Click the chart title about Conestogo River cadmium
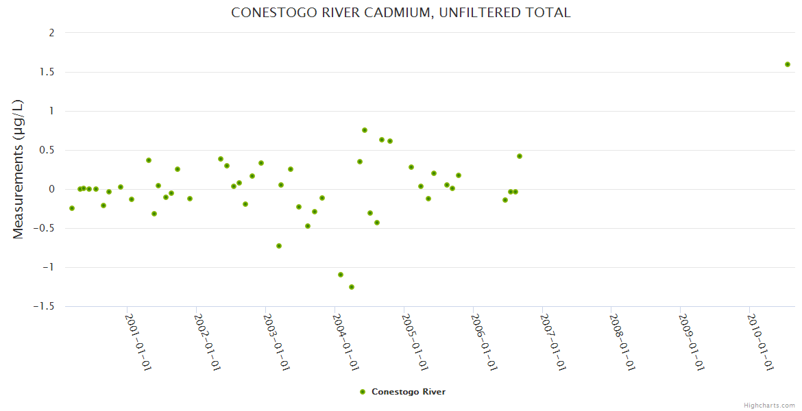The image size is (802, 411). pos(400,12)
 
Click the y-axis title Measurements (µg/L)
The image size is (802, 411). pos(19,169)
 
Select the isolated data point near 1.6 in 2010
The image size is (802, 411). pos(788,64)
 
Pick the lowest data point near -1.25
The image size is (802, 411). pos(352,287)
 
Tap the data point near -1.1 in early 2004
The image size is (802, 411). pos(341,275)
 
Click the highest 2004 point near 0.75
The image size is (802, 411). pos(365,130)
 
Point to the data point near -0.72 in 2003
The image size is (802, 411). pos(279,246)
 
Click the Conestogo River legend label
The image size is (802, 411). pos(409,392)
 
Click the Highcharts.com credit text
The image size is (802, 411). pos(769,405)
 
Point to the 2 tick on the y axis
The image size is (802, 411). pos(52,33)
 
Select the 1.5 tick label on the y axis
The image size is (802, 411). pos(47,72)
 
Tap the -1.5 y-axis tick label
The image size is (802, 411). pos(45,306)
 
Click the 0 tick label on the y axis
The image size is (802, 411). pos(52,189)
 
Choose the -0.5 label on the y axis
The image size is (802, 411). pos(45,228)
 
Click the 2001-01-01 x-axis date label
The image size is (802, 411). pos(138,342)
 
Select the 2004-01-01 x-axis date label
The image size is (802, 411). pos(345,342)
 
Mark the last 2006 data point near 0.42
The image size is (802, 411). pos(520,156)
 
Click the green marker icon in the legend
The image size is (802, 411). pos(363,392)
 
